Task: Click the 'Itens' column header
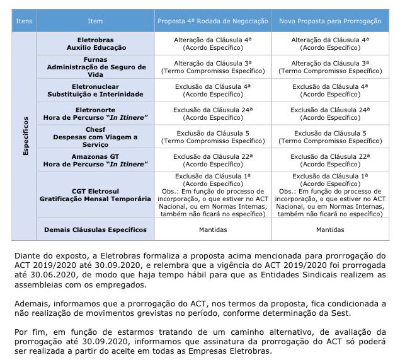(23, 21)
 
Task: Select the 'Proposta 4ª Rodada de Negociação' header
(213, 21)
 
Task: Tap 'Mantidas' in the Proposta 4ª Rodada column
(213, 229)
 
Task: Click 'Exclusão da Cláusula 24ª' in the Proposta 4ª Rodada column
(213, 110)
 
